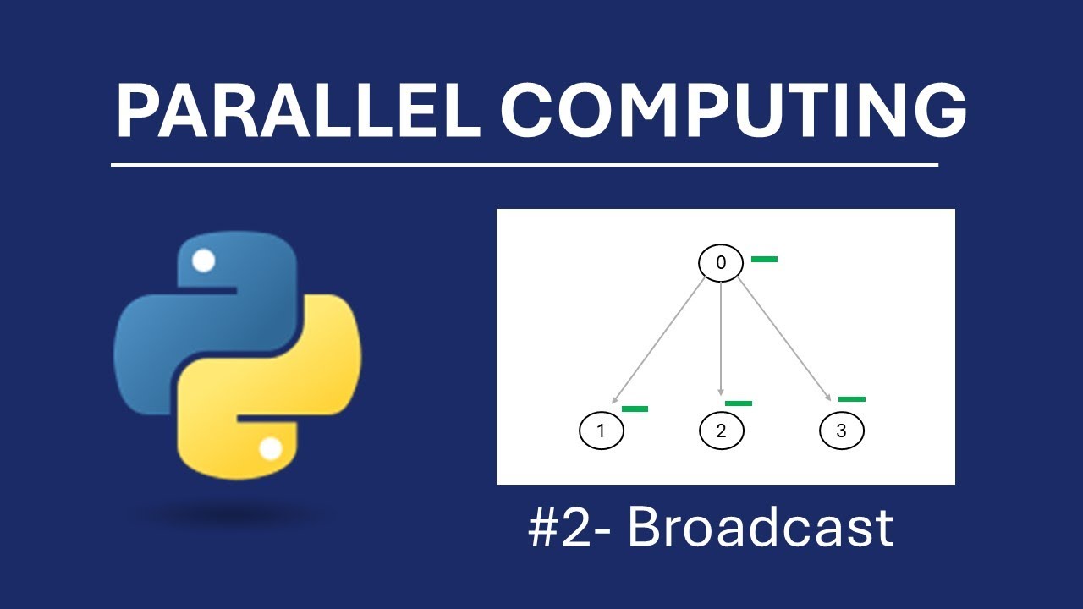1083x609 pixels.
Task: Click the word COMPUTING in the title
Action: click(x=734, y=112)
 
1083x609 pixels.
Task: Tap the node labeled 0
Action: click(x=720, y=263)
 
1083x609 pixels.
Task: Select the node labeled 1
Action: click(x=601, y=431)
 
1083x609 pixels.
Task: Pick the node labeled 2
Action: click(x=720, y=431)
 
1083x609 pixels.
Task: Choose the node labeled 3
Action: click(x=841, y=431)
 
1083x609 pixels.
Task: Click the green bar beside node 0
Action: click(x=764, y=259)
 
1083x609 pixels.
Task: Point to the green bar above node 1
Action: click(x=635, y=409)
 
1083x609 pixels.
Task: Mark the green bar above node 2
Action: click(x=738, y=403)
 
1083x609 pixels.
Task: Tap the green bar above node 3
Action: click(x=852, y=398)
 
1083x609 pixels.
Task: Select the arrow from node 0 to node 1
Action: click(x=659, y=339)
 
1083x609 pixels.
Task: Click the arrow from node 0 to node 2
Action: click(x=720, y=338)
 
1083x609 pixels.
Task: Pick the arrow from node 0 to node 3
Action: click(x=784, y=338)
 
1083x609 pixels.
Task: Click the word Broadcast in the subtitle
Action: click(x=759, y=528)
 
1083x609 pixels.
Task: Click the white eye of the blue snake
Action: click(x=203, y=261)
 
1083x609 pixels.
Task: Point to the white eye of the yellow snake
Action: click(x=270, y=448)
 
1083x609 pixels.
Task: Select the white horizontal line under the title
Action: click(x=525, y=165)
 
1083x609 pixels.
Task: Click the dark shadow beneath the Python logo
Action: click(x=233, y=514)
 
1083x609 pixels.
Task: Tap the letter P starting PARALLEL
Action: click(x=136, y=112)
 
